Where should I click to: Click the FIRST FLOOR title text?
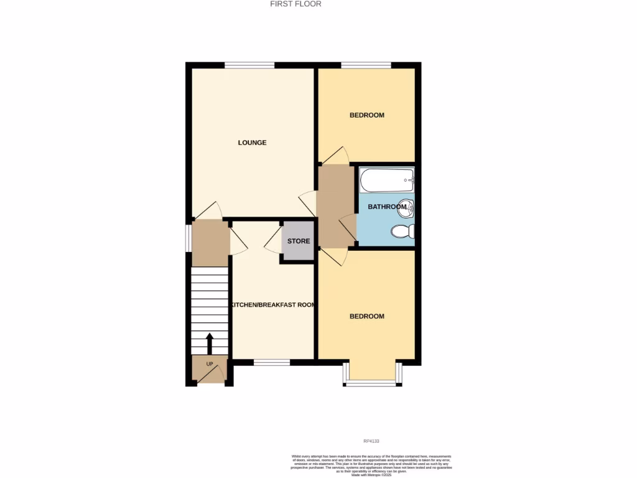[x=295, y=4]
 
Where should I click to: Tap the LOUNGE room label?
[x=252, y=143]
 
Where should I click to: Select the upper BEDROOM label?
[x=366, y=115]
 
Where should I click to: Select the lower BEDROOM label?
[x=366, y=316]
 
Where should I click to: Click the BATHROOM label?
[x=386, y=207]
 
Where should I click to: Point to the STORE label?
[x=299, y=241]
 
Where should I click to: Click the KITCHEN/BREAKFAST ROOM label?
[x=272, y=305]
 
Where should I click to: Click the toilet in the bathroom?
[x=403, y=232]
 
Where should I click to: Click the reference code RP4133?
[x=372, y=441]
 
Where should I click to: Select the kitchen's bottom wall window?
[x=272, y=362]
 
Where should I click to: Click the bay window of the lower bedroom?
[x=371, y=383]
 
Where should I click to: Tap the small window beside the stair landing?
[x=188, y=238]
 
